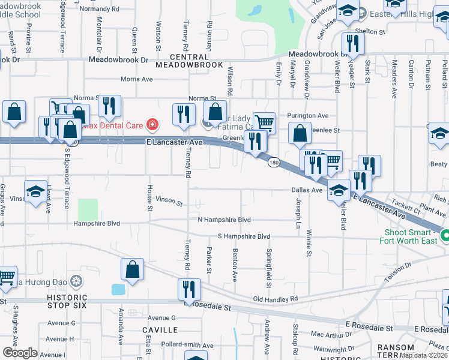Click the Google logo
coord(20,353)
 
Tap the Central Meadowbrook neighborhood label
coord(189,65)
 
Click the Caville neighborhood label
coord(160,330)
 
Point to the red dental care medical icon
coord(152,125)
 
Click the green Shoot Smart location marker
coord(445,235)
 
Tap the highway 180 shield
coord(274,163)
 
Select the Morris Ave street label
coord(136,79)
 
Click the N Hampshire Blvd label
coord(224,220)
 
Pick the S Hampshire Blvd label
coord(244,236)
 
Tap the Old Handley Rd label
coord(276,298)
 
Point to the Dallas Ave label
coord(307,190)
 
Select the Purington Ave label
coord(308,115)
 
